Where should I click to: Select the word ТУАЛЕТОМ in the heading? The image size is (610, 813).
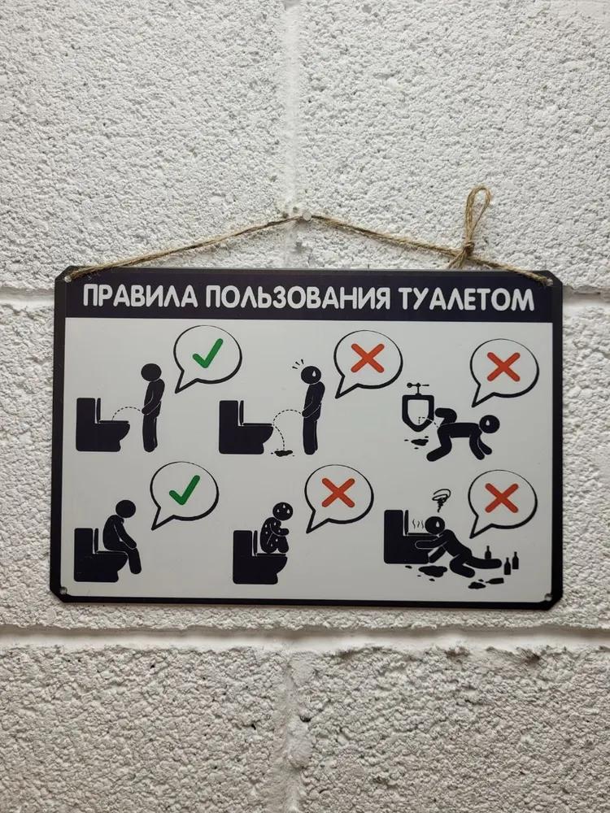(466, 299)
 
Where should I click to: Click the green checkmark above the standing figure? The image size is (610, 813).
(207, 353)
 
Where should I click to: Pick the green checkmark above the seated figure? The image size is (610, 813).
(184, 489)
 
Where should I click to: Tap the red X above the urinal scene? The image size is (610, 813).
(503, 367)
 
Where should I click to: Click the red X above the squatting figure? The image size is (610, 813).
(338, 493)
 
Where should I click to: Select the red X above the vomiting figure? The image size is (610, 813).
(502, 498)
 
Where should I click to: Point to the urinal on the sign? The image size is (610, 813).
(417, 410)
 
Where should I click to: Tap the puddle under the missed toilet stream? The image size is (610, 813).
(283, 452)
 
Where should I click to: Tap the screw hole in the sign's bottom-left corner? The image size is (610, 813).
(63, 590)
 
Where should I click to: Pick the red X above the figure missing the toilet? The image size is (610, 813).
(368, 358)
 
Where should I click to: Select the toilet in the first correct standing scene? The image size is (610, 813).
(102, 424)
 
